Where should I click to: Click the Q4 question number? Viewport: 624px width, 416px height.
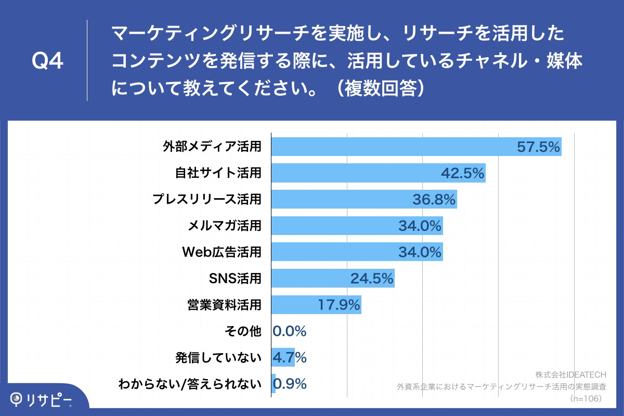coord(48,61)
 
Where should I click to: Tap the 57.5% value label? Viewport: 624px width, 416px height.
coord(538,147)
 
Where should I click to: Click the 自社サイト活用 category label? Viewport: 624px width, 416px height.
coord(218,173)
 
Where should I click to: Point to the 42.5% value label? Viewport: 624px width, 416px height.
coord(463,173)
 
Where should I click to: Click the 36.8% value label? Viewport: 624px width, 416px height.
coord(434,200)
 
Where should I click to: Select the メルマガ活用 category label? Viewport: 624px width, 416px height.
coord(224,226)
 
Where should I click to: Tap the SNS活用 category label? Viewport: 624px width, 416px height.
coord(235,279)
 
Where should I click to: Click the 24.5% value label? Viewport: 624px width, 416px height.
coord(371,279)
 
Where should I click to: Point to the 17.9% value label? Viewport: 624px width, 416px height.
coord(339,305)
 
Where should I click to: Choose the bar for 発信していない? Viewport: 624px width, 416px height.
coord(283,358)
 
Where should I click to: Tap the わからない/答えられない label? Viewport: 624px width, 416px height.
coord(190,384)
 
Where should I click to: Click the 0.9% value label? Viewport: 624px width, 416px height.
coord(290,384)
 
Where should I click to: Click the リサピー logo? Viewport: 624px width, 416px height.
coord(42,399)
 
